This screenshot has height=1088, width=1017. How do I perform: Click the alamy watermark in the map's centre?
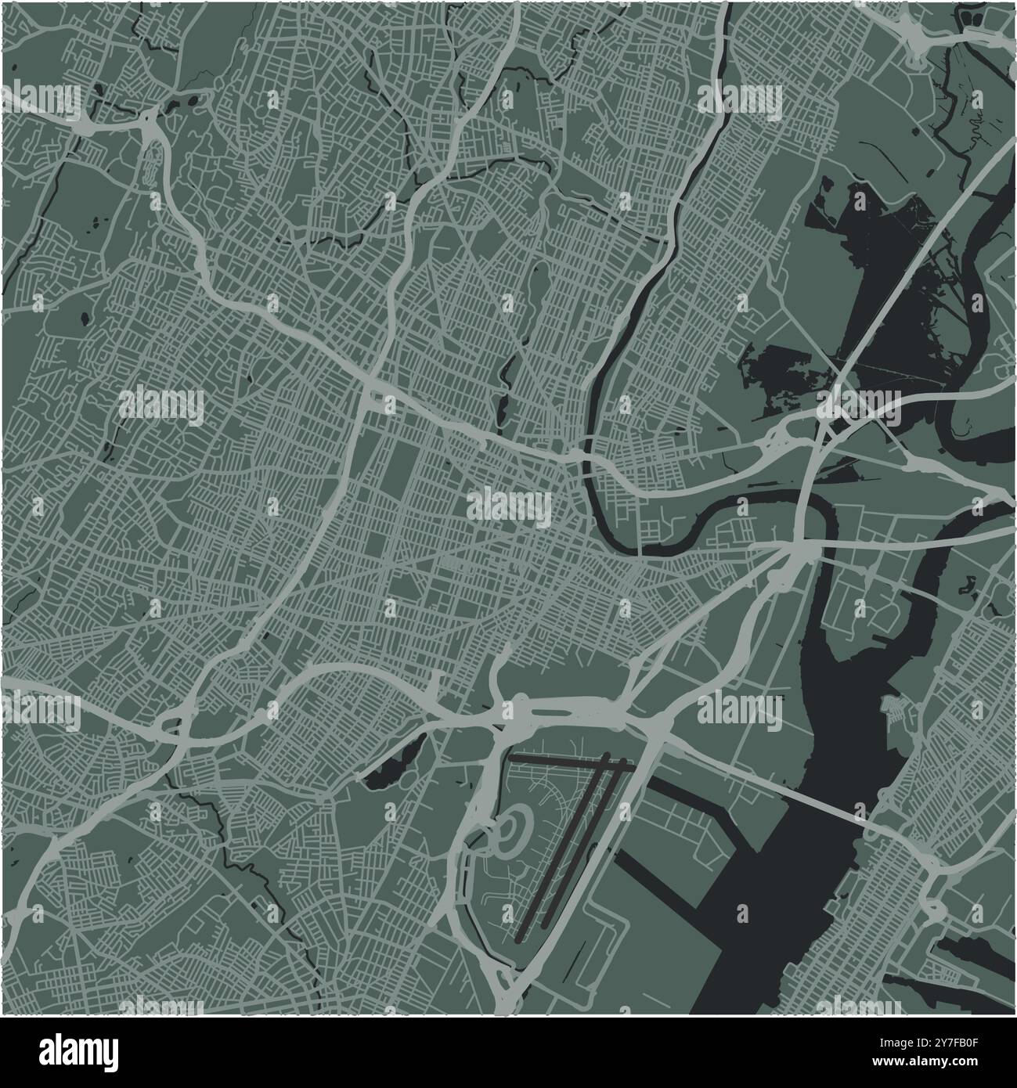(509, 507)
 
